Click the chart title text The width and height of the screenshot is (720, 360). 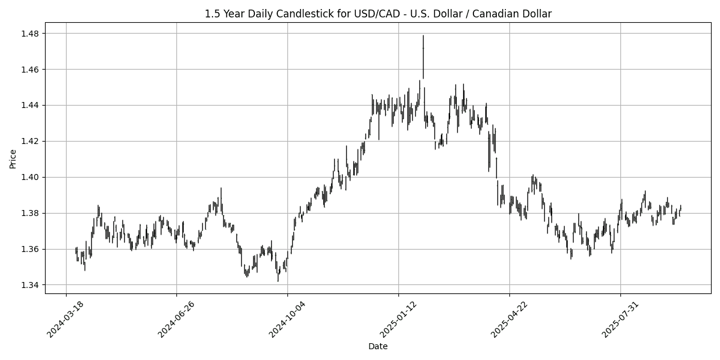click(x=378, y=13)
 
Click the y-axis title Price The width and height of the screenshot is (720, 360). click(x=13, y=158)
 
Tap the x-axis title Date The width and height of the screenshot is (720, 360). click(x=378, y=346)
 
